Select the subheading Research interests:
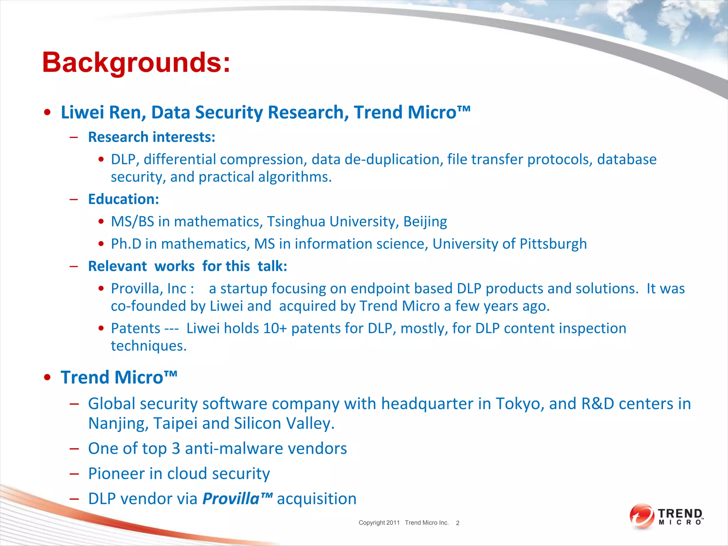pyautogui.click(x=151, y=137)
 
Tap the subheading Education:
pyautogui.click(x=123, y=199)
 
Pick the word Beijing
pyautogui.click(x=425, y=221)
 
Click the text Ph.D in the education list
pyautogui.click(x=126, y=244)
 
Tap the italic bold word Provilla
pyautogui.click(x=231, y=499)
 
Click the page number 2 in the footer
pyautogui.click(x=457, y=523)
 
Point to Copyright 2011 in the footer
pyautogui.click(x=379, y=523)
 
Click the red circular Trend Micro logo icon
pyautogui.click(x=641, y=516)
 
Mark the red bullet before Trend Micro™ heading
pyautogui.click(x=47, y=378)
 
